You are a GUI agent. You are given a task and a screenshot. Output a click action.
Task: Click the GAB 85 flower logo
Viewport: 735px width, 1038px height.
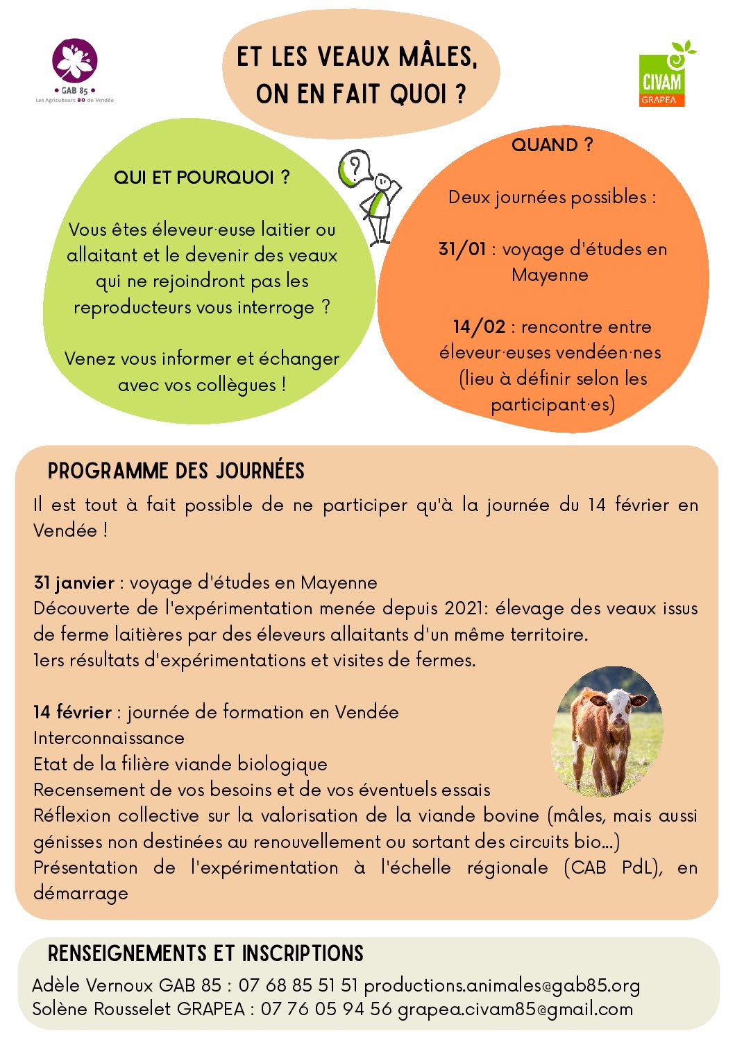tap(75, 62)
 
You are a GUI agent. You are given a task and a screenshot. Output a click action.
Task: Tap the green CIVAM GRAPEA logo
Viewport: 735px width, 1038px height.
tap(662, 75)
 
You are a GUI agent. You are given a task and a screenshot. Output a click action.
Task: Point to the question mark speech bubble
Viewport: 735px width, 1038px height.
tap(354, 168)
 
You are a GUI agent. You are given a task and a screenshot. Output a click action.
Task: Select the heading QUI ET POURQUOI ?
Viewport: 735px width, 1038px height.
tap(201, 178)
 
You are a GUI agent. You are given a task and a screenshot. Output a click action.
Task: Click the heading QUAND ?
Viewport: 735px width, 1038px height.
tap(552, 145)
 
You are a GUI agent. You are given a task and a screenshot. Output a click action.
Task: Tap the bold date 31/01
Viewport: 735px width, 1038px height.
tap(462, 249)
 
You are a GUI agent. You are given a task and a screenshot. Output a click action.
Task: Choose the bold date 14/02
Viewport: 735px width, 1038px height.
tap(479, 327)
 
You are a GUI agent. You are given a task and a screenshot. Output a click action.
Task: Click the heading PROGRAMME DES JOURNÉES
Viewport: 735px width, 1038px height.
tap(176, 471)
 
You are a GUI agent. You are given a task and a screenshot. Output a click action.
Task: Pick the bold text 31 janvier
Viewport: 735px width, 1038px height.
tap(74, 582)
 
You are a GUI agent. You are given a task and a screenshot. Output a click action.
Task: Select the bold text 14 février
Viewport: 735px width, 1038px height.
tap(72, 712)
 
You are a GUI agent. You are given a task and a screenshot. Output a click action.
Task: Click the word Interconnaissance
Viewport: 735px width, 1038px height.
tap(109, 738)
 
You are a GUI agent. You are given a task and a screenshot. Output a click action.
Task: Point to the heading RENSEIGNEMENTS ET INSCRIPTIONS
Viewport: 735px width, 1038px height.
tap(205, 953)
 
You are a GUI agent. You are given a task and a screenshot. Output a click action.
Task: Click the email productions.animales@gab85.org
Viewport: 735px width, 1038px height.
tap(502, 985)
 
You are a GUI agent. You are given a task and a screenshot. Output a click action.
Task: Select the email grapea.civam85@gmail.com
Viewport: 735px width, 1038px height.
tap(515, 1009)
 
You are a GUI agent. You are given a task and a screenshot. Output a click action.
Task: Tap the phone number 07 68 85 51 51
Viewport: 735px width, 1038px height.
tap(298, 985)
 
